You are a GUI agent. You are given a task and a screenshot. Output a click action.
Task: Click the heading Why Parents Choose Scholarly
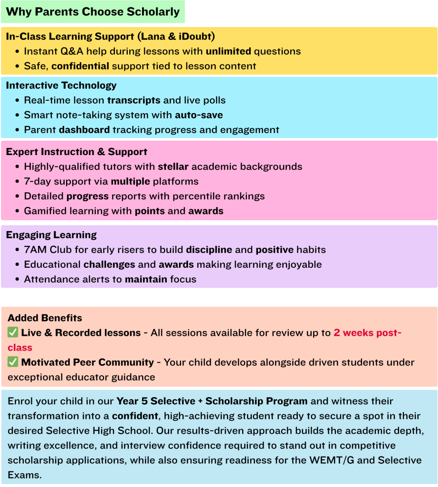coord(93,12)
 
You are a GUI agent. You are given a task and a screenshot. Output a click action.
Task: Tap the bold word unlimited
coord(229,51)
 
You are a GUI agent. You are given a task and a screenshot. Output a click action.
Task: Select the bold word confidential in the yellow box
coord(80,66)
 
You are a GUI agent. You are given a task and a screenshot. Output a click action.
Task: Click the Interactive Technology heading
coord(61,86)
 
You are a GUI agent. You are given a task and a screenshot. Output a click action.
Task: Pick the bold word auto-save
coord(199,115)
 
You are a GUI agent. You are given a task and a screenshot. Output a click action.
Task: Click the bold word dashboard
coord(84,130)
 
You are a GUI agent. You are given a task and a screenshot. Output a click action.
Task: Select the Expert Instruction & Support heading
coord(76,152)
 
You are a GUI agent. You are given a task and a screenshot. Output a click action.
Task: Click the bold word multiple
coord(131,182)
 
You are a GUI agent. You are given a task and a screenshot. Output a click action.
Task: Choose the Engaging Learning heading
coord(51,235)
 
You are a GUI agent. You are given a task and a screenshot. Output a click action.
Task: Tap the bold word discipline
coord(209,250)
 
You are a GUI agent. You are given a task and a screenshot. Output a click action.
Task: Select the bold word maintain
coord(146,279)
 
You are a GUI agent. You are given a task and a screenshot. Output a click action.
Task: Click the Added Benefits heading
coord(45,318)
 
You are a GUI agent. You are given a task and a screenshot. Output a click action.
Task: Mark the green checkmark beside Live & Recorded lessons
coord(13,333)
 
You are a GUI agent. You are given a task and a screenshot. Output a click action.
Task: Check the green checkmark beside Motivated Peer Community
coord(13,362)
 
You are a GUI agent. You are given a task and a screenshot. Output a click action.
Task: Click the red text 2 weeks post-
coord(367,333)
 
